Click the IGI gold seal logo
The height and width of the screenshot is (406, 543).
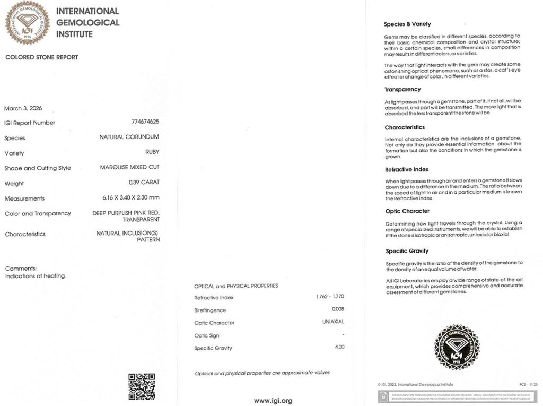click(27, 22)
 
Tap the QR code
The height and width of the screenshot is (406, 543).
click(142, 386)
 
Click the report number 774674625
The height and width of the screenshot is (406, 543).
click(145, 122)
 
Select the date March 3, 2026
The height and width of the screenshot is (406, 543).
click(23, 108)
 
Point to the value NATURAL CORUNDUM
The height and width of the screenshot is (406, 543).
click(129, 137)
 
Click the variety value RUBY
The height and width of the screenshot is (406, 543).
click(152, 152)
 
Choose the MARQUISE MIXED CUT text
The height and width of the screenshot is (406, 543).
click(130, 167)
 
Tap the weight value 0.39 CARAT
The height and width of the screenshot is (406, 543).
click(144, 183)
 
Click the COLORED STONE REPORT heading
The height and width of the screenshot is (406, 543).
click(41, 57)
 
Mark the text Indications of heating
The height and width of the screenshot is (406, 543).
click(36, 276)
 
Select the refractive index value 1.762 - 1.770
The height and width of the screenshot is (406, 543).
click(330, 297)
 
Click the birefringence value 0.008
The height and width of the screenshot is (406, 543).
click(338, 309)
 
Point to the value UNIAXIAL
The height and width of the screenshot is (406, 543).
click(334, 322)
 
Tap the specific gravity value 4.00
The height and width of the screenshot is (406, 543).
click(339, 347)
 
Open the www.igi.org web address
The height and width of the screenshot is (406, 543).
click(273, 401)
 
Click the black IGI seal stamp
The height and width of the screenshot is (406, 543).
click(457, 348)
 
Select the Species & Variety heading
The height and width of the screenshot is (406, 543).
click(407, 24)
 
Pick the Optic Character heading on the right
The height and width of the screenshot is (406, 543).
click(407, 211)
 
